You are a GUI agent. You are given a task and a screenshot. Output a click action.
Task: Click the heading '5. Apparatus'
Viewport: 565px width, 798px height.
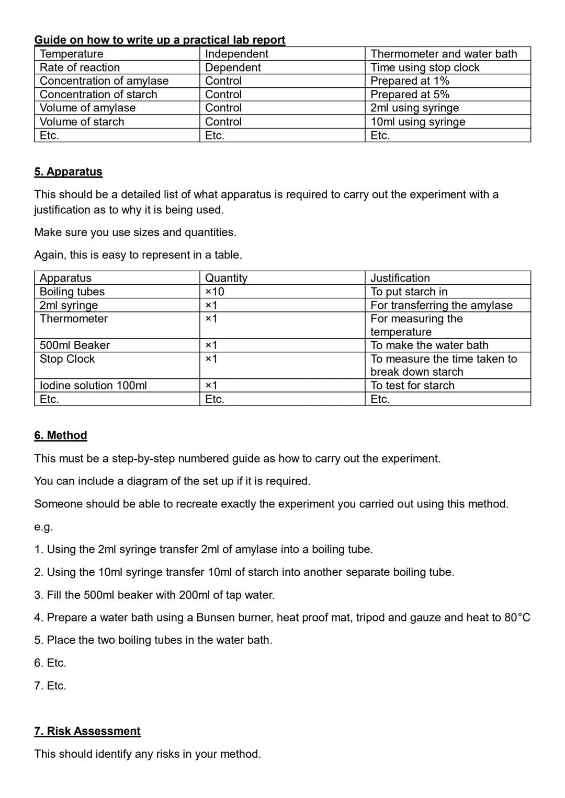pos(68,172)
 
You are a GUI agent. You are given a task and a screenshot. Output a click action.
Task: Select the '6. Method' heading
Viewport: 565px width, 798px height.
pos(61,435)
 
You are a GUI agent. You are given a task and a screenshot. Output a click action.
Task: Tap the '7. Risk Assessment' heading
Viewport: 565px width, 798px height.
pos(87,731)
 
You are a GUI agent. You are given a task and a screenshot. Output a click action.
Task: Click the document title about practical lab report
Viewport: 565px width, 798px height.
pos(160,40)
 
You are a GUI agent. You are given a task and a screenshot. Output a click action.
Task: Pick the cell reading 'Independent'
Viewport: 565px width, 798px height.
pos(236,54)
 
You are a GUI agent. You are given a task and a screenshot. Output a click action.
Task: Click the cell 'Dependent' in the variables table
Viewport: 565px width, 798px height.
pos(233,67)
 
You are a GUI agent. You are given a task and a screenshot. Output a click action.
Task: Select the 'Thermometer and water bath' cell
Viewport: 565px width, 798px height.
pos(444,54)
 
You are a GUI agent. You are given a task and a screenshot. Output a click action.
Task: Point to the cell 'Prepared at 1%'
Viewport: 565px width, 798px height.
pos(410,81)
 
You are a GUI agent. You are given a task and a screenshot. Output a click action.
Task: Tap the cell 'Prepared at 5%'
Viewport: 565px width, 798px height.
pos(410,95)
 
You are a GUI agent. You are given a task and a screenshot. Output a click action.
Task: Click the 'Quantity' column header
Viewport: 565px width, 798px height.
pos(226,278)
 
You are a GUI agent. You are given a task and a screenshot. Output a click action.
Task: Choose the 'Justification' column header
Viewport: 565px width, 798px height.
pos(400,278)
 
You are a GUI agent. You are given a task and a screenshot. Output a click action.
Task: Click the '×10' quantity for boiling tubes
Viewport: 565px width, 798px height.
pos(214,292)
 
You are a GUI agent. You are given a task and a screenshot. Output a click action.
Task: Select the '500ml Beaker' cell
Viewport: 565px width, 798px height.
pos(75,345)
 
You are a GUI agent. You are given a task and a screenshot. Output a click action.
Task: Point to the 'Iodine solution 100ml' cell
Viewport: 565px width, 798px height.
pos(93,386)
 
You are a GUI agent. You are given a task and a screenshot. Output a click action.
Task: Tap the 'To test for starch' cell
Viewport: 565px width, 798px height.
pos(412,386)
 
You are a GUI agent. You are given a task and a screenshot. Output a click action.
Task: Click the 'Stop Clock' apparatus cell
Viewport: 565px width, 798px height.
pos(67,359)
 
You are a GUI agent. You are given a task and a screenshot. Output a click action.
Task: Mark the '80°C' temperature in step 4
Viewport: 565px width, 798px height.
pos(517,618)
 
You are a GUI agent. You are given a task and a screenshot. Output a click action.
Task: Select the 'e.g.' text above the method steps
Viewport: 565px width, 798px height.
pos(43,527)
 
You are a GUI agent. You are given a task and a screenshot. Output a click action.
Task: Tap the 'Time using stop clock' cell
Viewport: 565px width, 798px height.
pos(425,67)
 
